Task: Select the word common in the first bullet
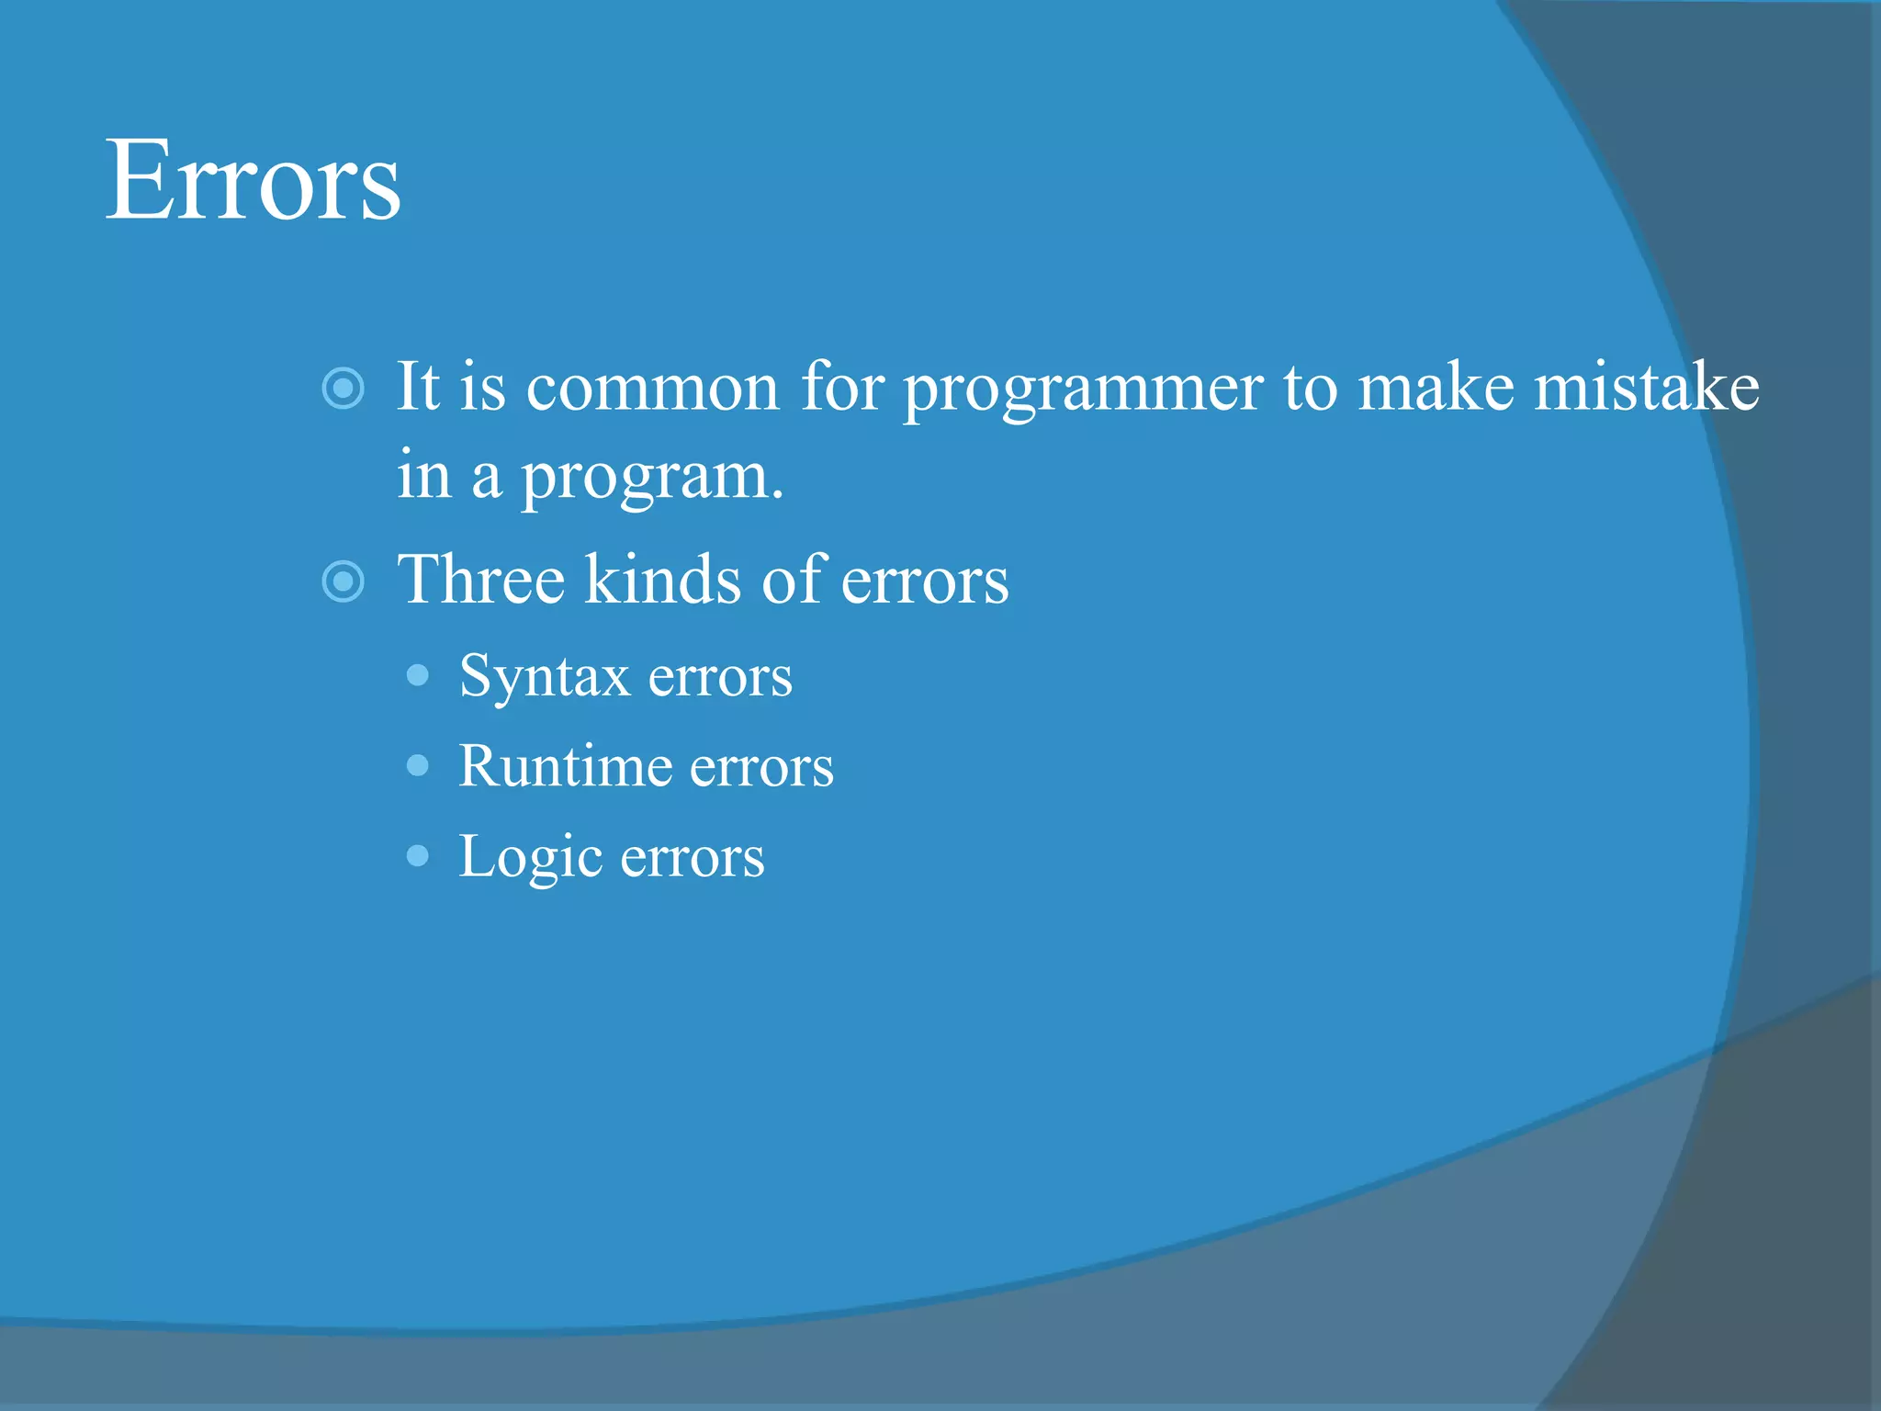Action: [652, 388]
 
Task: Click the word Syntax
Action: [544, 677]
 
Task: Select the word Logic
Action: [530, 857]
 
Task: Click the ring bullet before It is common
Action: [344, 389]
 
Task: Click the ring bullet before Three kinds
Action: [344, 581]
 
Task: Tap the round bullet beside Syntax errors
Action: [418, 676]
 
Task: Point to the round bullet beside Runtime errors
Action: [418, 765]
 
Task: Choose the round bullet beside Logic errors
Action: [418, 856]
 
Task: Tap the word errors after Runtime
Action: [761, 767]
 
